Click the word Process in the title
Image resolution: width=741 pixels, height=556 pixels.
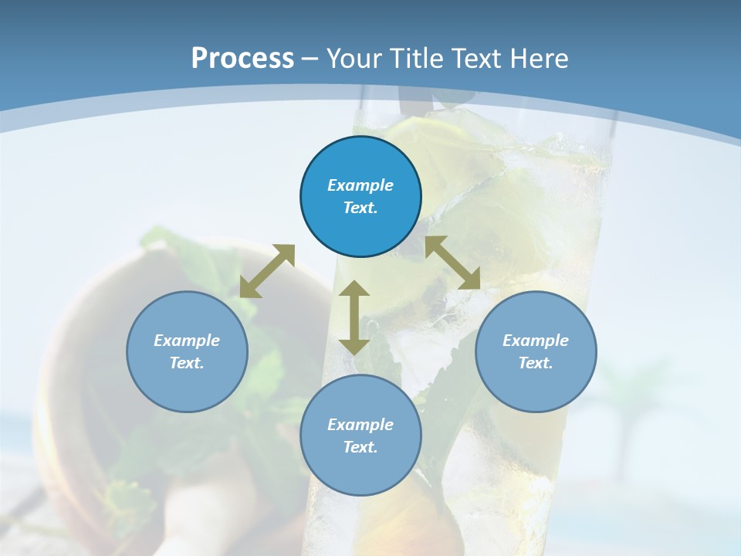click(x=242, y=59)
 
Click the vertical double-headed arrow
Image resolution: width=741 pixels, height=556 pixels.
click(x=354, y=317)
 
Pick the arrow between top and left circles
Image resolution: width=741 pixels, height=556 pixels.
click(x=267, y=271)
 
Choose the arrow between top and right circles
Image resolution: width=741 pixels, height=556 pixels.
click(x=452, y=263)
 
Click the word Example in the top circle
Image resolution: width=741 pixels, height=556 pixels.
click(x=360, y=185)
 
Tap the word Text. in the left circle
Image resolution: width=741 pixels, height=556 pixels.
click(x=187, y=363)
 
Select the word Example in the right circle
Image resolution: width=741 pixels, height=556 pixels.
click(x=536, y=341)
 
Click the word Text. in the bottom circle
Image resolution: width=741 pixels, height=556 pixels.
click(x=360, y=447)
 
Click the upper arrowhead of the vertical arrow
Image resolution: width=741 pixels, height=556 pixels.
click(x=354, y=290)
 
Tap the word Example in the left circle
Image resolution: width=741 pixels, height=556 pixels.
click(x=187, y=341)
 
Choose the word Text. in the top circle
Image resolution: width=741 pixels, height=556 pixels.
click(x=360, y=208)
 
